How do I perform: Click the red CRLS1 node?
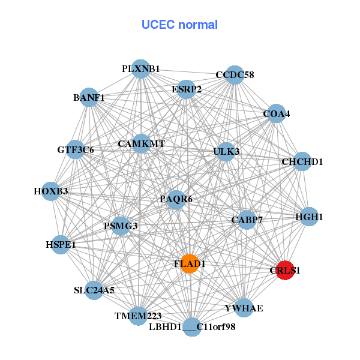pyautogui.click(x=285, y=270)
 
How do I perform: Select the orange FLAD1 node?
pyautogui.click(x=190, y=264)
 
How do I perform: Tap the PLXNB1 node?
pyautogui.click(x=140, y=69)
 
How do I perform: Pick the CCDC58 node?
pyautogui.click(x=235, y=75)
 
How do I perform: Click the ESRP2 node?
pyautogui.click(x=187, y=89)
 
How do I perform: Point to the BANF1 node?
pyautogui.click(x=89, y=97)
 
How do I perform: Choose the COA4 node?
pyautogui.click(x=276, y=113)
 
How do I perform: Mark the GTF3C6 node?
pyautogui.click(x=76, y=149)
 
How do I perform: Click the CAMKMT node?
pyautogui.click(x=141, y=144)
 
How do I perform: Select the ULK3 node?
pyautogui.click(x=226, y=151)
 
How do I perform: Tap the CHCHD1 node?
pyautogui.click(x=302, y=162)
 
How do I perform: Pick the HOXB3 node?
pyautogui.click(x=51, y=191)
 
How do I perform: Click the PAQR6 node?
pyautogui.click(x=175, y=199)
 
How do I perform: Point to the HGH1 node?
pyautogui.click(x=309, y=217)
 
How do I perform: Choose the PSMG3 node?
pyautogui.click(x=121, y=226)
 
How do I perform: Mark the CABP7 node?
pyautogui.click(x=247, y=220)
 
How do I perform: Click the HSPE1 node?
pyautogui.click(x=61, y=245)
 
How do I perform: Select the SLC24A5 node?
pyautogui.click(x=94, y=290)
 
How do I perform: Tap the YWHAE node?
pyautogui.click(x=244, y=308)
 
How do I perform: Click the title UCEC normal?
pyautogui.click(x=179, y=25)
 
